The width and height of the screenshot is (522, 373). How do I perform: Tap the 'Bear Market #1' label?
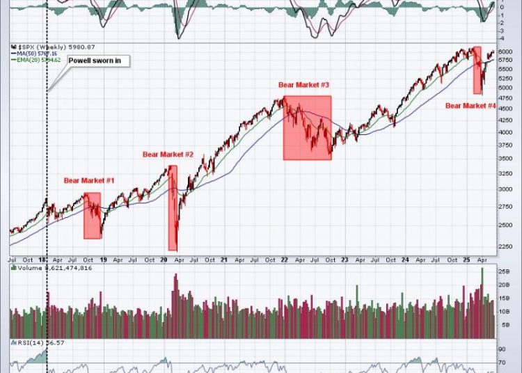(89, 180)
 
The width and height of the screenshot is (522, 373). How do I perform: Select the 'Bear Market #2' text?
(168, 154)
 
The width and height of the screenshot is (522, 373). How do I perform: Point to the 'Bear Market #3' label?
(303, 84)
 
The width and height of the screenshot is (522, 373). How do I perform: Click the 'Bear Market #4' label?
(470, 106)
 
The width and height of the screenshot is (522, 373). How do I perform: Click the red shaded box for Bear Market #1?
(92, 216)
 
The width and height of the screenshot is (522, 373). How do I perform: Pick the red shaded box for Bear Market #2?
(173, 208)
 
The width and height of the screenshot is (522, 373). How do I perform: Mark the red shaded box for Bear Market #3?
(306, 128)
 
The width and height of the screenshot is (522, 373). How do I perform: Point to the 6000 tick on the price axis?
(505, 52)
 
